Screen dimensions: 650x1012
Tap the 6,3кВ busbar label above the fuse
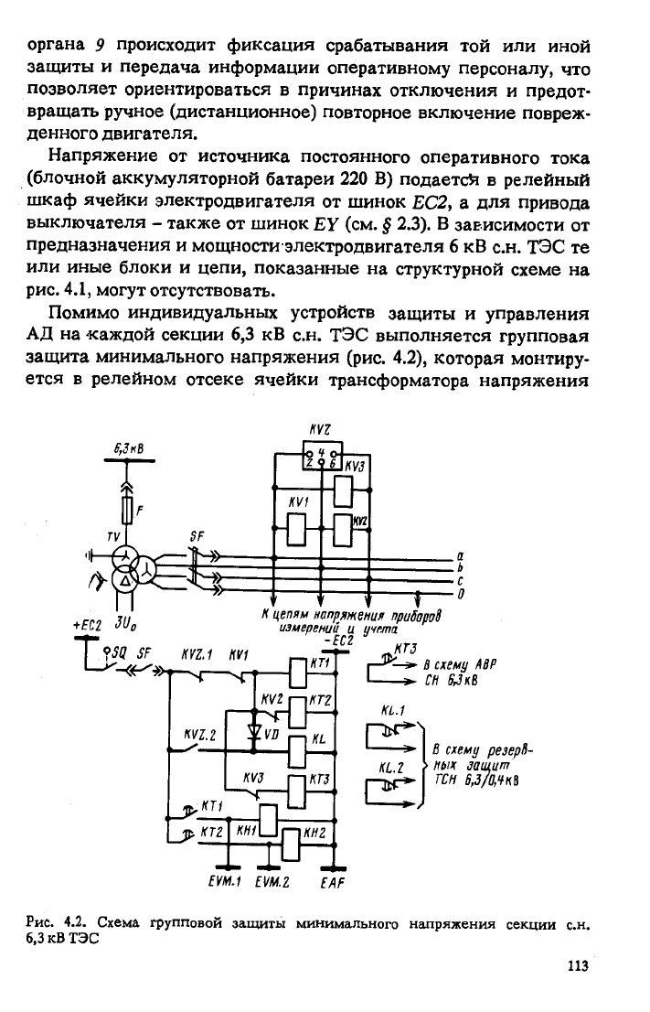(x=129, y=448)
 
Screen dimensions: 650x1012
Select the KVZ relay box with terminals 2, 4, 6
(x=323, y=456)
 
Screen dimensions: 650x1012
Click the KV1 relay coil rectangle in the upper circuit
(x=296, y=528)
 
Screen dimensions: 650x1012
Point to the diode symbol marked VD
(x=255, y=731)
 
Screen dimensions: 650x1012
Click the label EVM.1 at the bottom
(x=225, y=882)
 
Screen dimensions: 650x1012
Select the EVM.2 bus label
(x=272, y=882)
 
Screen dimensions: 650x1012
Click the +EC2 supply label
(x=88, y=625)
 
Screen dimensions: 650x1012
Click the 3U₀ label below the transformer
(x=125, y=624)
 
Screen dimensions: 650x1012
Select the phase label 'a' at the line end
(x=460, y=555)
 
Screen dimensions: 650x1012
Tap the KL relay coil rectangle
(x=297, y=751)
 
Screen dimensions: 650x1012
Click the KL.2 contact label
(x=391, y=768)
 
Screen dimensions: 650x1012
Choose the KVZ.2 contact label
(x=200, y=735)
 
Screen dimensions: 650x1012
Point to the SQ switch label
(x=119, y=652)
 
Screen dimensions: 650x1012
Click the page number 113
(x=578, y=966)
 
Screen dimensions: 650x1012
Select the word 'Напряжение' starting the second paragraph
(x=102, y=156)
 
